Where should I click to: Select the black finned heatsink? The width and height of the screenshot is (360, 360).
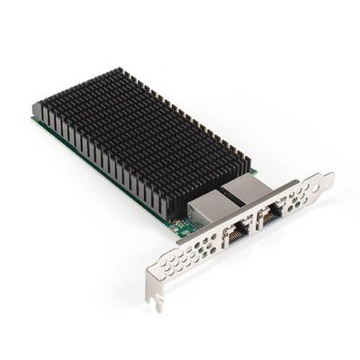[x=135, y=135]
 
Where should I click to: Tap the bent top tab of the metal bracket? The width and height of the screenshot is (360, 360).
[x=325, y=180]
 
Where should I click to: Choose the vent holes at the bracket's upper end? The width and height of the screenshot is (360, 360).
[x=306, y=194]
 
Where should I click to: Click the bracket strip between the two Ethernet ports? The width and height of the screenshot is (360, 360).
[x=255, y=226]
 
